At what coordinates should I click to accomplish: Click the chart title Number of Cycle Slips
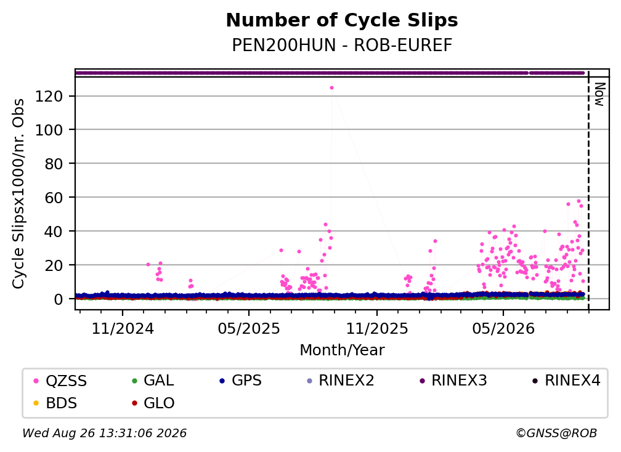pyautogui.click(x=342, y=20)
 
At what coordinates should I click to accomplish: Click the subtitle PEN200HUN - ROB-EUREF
pyautogui.click(x=342, y=45)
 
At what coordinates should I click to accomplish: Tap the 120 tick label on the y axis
pyautogui.click(x=49, y=96)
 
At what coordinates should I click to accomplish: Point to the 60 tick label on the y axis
pyautogui.click(x=54, y=198)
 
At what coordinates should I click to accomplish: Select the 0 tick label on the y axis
pyautogui.click(x=59, y=299)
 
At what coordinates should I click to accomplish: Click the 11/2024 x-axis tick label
pyautogui.click(x=123, y=328)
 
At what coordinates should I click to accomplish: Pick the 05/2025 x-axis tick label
pyautogui.click(x=249, y=328)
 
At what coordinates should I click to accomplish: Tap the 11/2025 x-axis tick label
pyautogui.click(x=376, y=328)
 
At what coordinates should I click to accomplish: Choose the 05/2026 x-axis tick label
pyautogui.click(x=503, y=328)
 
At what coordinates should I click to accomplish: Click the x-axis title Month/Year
pyautogui.click(x=342, y=350)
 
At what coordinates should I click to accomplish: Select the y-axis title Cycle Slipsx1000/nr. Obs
pyautogui.click(x=18, y=193)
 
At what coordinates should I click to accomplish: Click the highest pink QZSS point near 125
pyautogui.click(x=332, y=88)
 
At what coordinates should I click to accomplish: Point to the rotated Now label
pyautogui.click(x=600, y=94)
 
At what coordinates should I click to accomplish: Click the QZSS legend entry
pyautogui.click(x=60, y=381)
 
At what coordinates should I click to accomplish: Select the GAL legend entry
pyautogui.click(x=153, y=381)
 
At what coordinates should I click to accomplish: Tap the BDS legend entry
pyautogui.click(x=55, y=403)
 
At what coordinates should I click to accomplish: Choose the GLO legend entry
pyautogui.click(x=153, y=403)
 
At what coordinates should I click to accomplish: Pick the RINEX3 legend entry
pyautogui.click(x=453, y=381)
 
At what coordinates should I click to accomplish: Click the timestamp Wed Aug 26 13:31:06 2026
pyautogui.click(x=104, y=434)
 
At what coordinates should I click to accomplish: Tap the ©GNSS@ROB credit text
pyautogui.click(x=556, y=434)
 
